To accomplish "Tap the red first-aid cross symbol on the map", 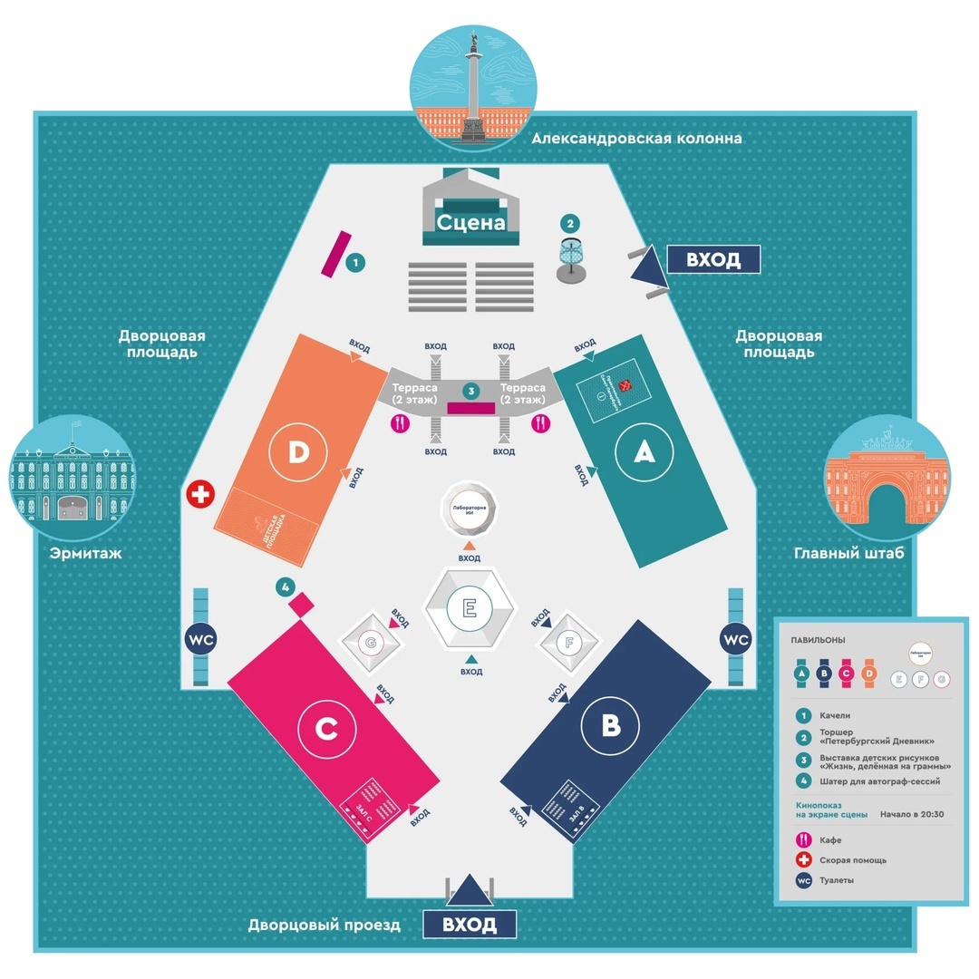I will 199,494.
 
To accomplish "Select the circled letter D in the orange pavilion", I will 297,453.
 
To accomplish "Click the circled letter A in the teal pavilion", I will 644,453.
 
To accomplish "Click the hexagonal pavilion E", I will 470,607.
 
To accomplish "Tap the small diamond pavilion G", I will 370,643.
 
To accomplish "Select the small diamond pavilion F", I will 568,645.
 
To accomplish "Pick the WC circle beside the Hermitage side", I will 201,639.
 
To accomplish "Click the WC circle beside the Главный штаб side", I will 736,639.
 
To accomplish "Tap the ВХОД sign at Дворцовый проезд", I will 470,925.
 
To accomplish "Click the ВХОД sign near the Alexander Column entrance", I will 712,260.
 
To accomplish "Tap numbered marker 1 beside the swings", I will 356,263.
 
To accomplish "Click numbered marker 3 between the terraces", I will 470,391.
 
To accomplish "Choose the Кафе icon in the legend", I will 802,840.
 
